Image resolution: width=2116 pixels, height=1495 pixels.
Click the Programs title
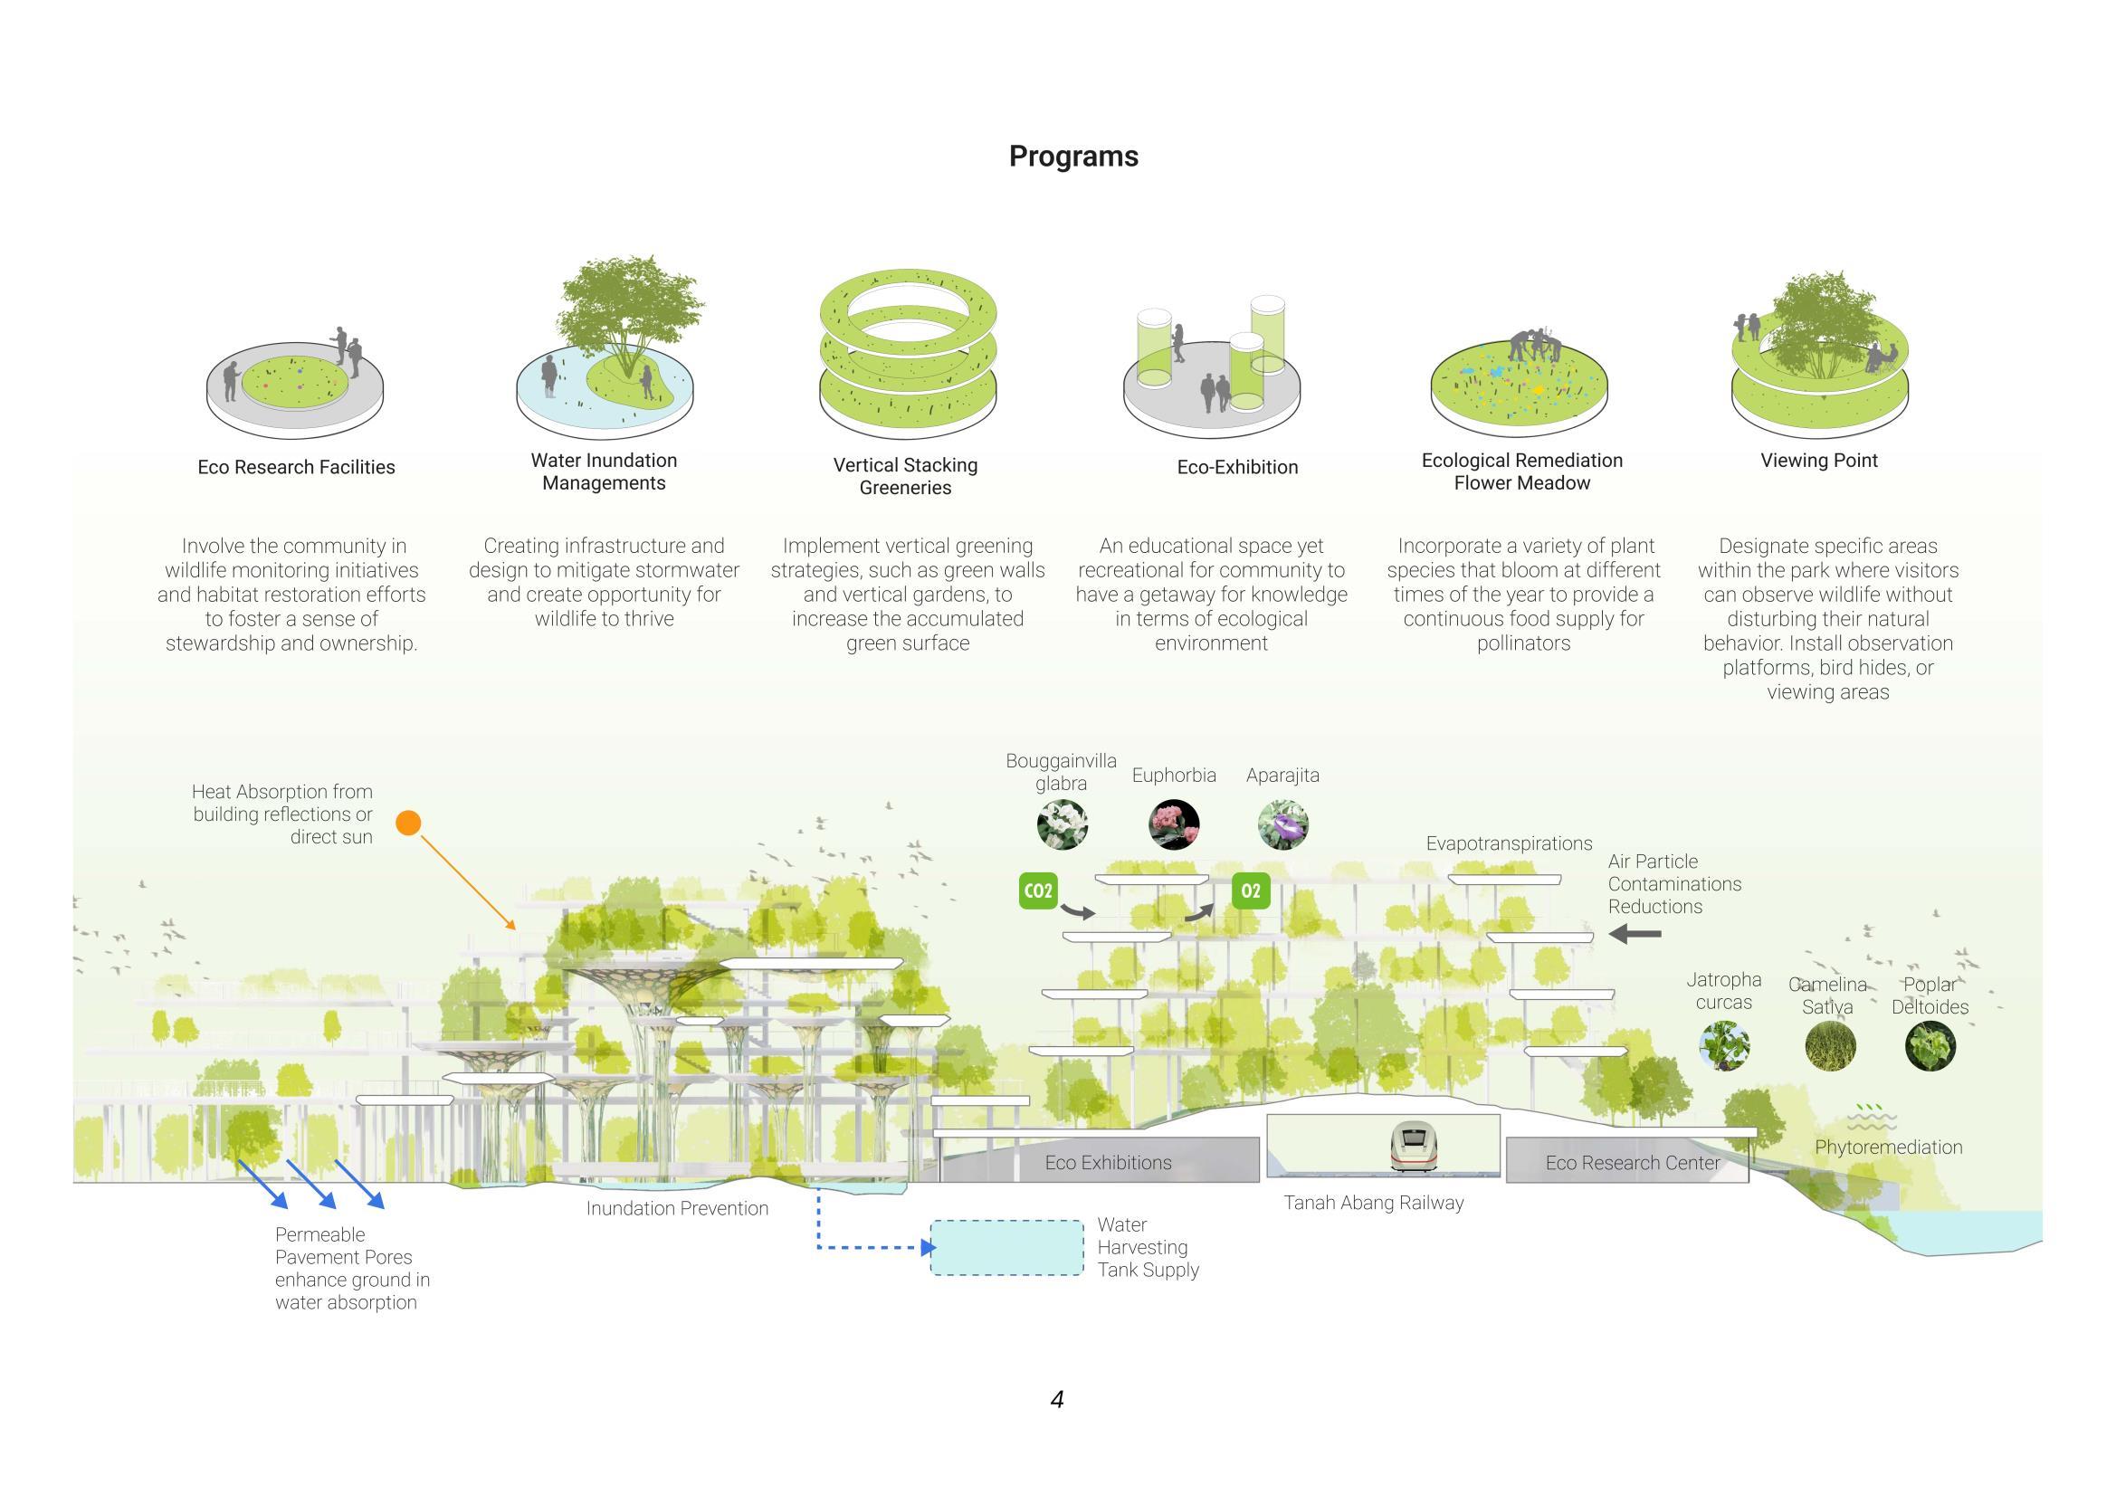point(1072,157)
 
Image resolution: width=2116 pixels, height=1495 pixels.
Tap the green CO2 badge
point(1038,890)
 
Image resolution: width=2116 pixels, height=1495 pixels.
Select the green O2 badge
point(1251,890)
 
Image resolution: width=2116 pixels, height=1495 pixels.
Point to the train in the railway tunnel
point(1414,1147)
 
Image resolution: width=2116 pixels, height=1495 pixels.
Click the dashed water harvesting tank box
point(1006,1248)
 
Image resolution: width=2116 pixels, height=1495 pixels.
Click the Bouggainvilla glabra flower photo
point(1062,824)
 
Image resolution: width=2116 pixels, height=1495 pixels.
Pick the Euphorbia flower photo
point(1174,824)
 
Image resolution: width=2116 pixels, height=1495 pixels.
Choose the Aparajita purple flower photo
point(1282,824)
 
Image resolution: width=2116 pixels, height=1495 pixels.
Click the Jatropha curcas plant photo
point(1724,1045)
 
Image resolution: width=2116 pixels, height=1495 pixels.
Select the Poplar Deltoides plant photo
point(1930,1045)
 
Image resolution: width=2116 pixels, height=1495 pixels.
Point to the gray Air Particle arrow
point(1635,934)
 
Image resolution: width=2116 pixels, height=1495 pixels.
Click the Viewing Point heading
point(1818,460)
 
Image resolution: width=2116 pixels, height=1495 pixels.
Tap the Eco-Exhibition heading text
point(1237,467)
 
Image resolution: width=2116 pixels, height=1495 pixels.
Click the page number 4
point(1057,1399)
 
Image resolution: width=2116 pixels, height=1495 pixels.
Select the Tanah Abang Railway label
point(1373,1202)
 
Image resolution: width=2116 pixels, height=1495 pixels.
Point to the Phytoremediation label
point(1888,1147)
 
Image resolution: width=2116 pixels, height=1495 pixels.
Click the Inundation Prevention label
point(676,1207)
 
